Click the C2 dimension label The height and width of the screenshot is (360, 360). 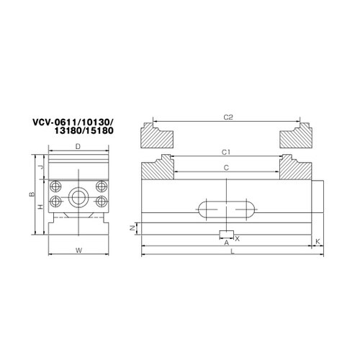coord(228,117)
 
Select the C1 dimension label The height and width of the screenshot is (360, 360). coord(226,152)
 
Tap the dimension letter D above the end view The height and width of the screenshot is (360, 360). coord(78,146)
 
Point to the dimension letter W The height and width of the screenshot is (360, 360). coord(78,251)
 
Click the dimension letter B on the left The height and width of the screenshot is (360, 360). coord(32,194)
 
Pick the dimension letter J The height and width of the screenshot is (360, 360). coord(41,167)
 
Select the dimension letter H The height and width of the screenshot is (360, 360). coord(41,207)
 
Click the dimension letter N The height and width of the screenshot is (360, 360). coord(132,228)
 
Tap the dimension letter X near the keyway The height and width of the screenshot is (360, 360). coord(237,239)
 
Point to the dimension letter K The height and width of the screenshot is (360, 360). coord(318,241)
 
